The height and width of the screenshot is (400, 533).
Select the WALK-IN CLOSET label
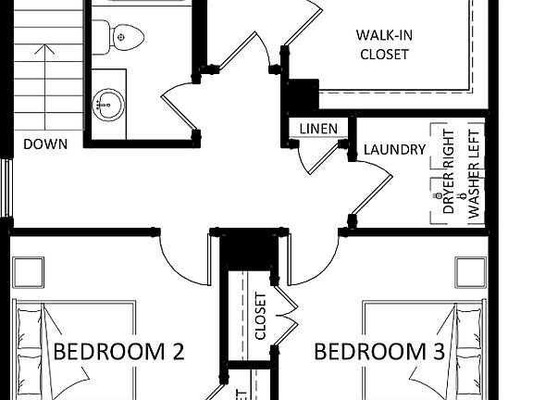382,44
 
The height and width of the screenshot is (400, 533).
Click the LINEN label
316,129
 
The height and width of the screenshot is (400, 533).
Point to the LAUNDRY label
394,149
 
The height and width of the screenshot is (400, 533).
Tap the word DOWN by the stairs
45,144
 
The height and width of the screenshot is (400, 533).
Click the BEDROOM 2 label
119,352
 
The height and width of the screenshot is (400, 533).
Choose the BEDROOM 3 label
379,352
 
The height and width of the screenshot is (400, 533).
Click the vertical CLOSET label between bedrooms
260,317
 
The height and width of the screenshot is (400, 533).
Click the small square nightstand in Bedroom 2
27,272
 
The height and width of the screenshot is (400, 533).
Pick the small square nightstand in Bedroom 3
471,272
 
